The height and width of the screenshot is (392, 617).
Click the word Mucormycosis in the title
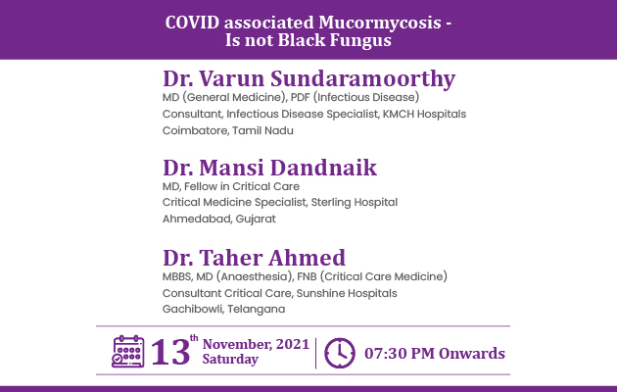[380, 24]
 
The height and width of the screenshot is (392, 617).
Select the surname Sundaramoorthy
[362, 79]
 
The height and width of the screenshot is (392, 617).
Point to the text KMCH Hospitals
[424, 114]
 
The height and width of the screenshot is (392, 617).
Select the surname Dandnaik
[323, 168]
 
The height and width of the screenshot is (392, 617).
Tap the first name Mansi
[232, 168]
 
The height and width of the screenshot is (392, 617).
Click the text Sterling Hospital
[355, 203]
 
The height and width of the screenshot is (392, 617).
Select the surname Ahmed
[307, 258]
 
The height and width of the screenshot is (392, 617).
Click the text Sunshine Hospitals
[347, 294]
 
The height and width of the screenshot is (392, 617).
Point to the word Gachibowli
[192, 310]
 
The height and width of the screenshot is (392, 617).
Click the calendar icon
[128, 352]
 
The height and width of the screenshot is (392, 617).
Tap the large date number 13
[170, 352]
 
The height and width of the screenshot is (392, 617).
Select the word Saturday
[230, 360]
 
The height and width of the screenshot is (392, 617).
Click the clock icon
[340, 353]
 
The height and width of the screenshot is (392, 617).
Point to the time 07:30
[385, 354]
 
